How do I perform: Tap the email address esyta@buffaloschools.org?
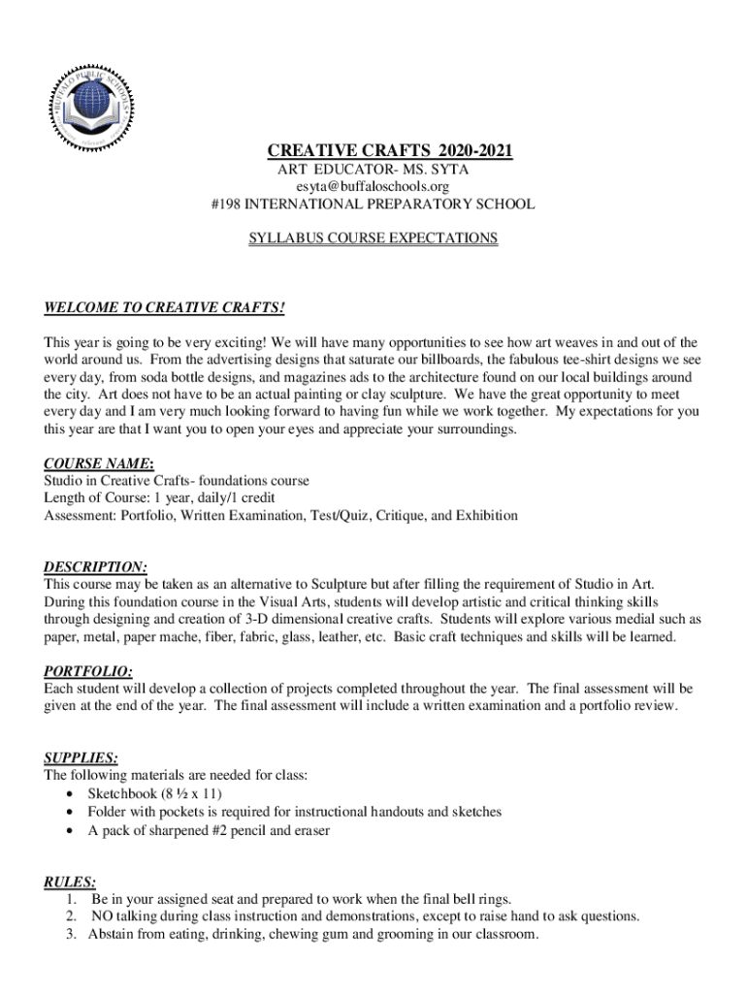click(373, 186)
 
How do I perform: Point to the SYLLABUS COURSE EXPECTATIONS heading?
click(373, 238)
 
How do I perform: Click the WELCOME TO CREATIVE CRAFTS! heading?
click(165, 308)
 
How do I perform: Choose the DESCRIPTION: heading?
click(96, 567)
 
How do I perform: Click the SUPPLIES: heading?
click(82, 757)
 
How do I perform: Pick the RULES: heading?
click(70, 881)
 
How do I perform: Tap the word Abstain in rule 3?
click(113, 934)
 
